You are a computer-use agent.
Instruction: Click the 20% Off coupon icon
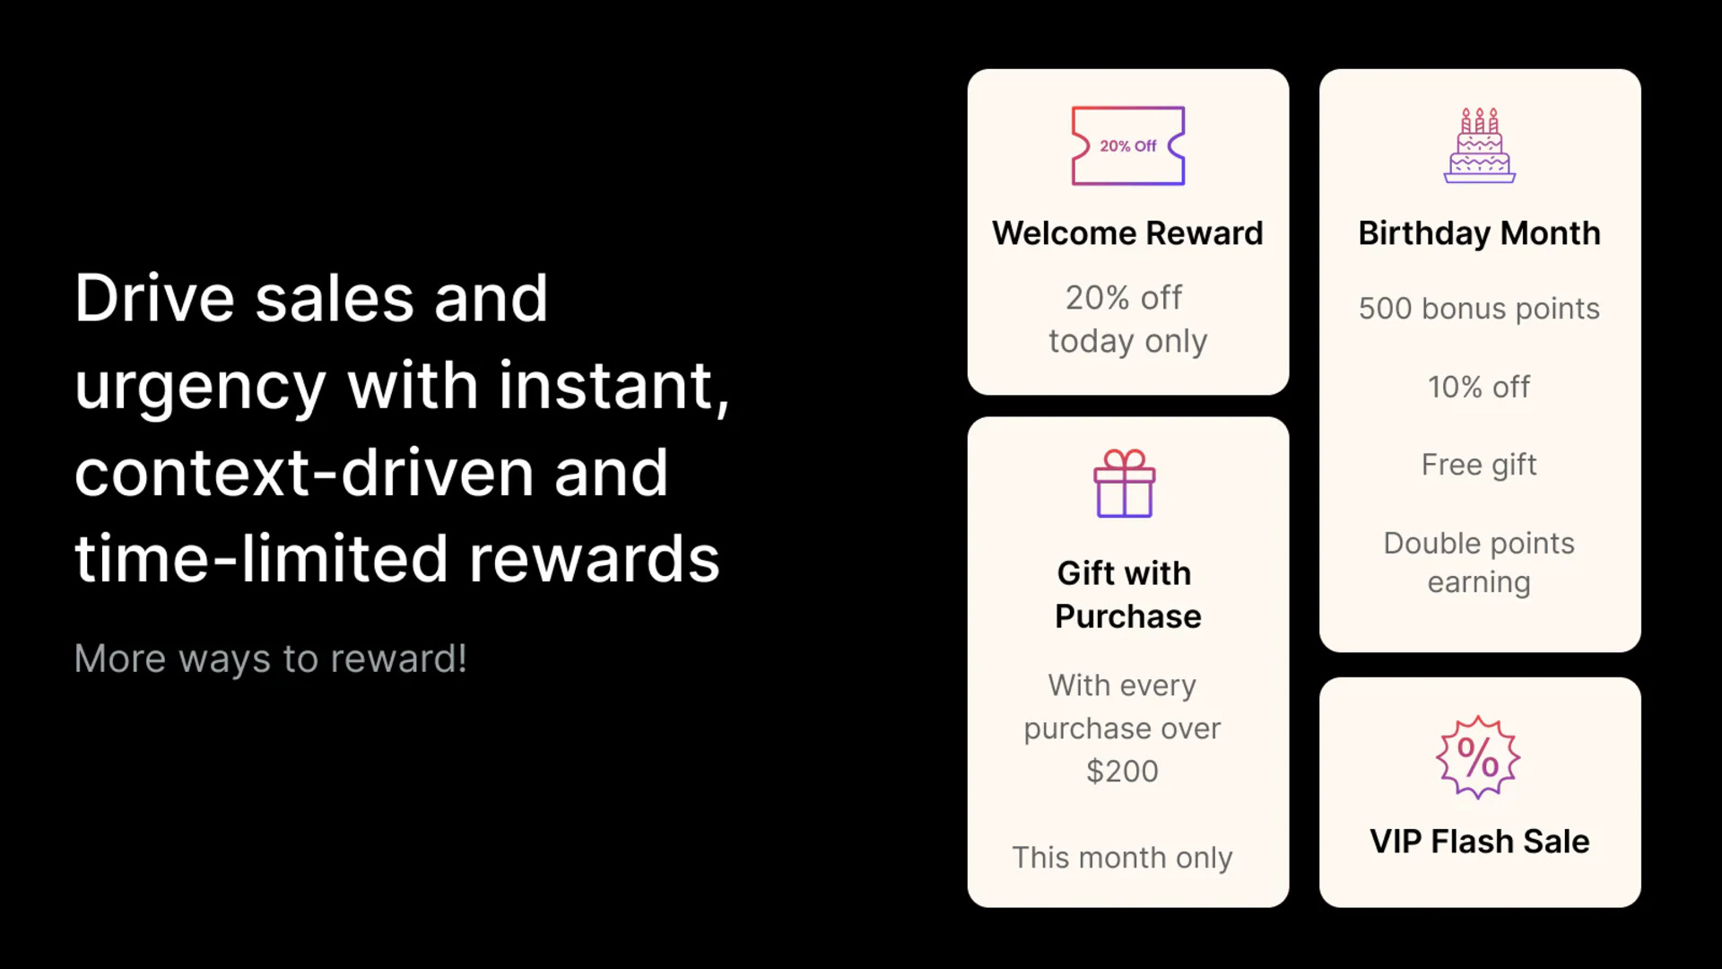click(x=1128, y=146)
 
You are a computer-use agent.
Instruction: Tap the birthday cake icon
click(x=1480, y=145)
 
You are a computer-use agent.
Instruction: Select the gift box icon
click(x=1125, y=484)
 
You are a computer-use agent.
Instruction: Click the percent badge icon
click(x=1478, y=757)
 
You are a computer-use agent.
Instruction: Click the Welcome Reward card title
click(x=1127, y=233)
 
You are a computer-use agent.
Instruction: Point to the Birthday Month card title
click(x=1480, y=234)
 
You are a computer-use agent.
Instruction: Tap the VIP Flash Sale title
click(x=1480, y=842)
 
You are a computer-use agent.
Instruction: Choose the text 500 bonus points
click(x=1479, y=309)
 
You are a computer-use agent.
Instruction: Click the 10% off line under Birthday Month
click(x=1479, y=387)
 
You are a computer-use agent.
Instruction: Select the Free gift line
click(x=1479, y=465)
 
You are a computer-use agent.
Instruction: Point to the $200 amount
click(x=1122, y=771)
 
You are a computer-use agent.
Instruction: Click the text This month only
click(x=1122, y=858)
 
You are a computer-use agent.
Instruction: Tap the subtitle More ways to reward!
click(x=271, y=659)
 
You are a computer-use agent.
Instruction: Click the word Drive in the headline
click(x=155, y=299)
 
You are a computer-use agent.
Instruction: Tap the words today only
click(x=1128, y=342)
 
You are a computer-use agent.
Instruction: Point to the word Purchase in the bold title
click(x=1128, y=616)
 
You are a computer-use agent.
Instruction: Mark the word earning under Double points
click(x=1479, y=583)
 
